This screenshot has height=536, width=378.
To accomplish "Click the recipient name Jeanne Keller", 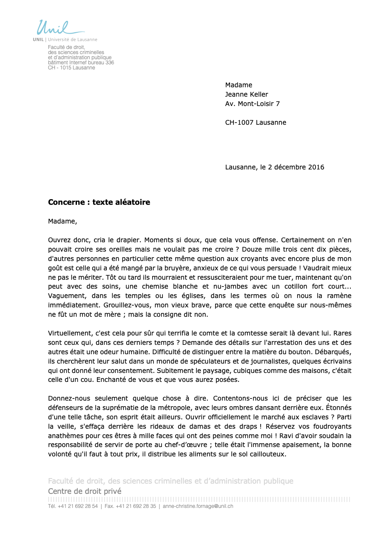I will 247,95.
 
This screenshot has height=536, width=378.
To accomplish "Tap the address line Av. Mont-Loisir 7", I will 252,104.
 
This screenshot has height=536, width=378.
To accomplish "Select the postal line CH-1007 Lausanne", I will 256,123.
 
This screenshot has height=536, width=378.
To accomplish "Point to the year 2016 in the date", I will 316,167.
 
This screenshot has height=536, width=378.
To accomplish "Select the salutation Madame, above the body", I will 63,221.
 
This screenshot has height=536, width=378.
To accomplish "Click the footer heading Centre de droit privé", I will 85,491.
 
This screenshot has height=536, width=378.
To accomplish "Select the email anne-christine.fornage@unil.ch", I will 198,507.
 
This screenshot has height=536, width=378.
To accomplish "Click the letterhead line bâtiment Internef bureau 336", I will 81,63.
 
